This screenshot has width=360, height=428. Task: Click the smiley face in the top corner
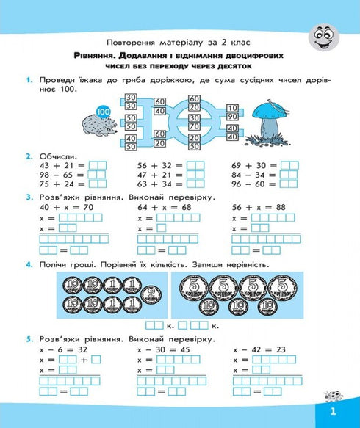tap(323, 36)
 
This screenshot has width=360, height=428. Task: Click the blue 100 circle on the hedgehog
tap(103, 112)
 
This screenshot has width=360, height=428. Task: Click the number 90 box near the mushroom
tap(234, 116)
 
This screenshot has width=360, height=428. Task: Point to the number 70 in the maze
tap(195, 126)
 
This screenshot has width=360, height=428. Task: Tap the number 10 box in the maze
tap(233, 107)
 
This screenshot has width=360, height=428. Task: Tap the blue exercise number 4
tap(28, 264)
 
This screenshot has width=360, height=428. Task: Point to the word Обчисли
tap(55, 156)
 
